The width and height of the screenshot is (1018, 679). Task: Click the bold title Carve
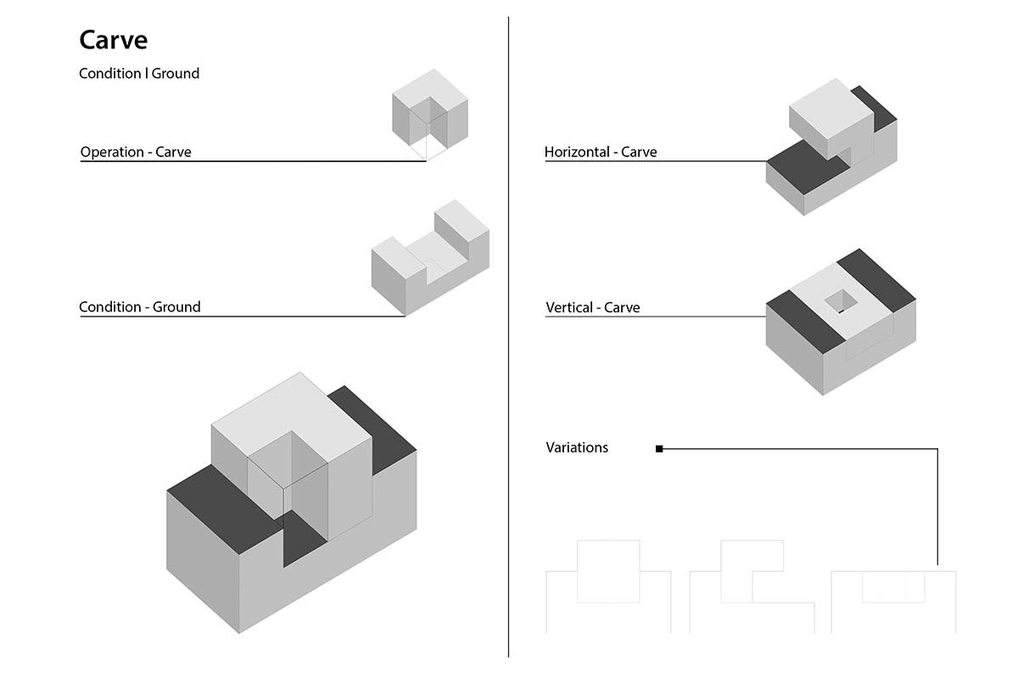tap(114, 40)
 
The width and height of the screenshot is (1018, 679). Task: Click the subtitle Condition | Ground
tap(139, 74)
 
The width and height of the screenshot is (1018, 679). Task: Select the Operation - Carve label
tap(136, 153)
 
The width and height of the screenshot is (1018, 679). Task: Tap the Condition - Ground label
tap(140, 307)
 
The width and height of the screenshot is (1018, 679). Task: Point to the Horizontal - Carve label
tap(601, 153)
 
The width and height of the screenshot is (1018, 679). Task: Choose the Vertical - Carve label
tap(593, 307)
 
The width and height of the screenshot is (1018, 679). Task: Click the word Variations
tap(577, 447)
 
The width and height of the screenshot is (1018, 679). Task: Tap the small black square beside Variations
tap(659, 449)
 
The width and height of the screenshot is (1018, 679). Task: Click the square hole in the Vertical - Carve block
tap(841, 300)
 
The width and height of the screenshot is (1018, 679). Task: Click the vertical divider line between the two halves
tap(508, 339)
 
